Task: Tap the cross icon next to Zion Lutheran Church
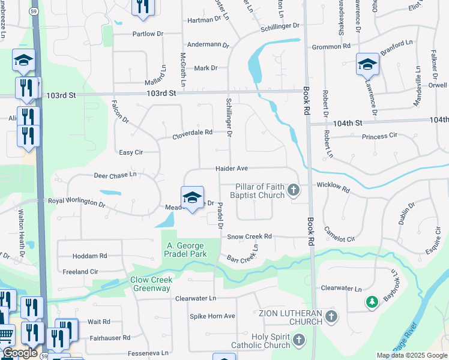coord(330,317)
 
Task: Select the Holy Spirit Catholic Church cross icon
coord(298,341)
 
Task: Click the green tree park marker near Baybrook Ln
coord(372,301)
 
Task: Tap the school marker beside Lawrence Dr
coord(367,64)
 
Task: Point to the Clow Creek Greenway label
coord(152,284)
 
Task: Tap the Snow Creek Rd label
coord(250,236)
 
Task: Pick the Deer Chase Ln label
coord(115,175)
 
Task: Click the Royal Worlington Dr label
coord(76,202)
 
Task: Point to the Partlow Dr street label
coord(148,34)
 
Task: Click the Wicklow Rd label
coord(333,187)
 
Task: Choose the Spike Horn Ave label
coord(212,316)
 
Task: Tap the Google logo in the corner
coord(20,353)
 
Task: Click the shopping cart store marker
coord(6,334)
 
